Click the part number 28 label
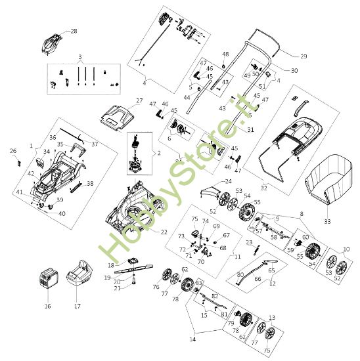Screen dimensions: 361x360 click(x=74, y=31)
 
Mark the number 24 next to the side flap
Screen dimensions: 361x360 click(x=229, y=181)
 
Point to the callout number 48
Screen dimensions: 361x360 click(x=225, y=54)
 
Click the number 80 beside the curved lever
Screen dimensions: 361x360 click(x=240, y=274)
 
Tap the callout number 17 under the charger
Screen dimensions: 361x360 click(x=77, y=306)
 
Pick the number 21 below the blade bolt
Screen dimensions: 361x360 click(x=135, y=288)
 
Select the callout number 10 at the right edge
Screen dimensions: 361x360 click(x=347, y=249)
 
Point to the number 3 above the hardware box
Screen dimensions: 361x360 click(x=79, y=56)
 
